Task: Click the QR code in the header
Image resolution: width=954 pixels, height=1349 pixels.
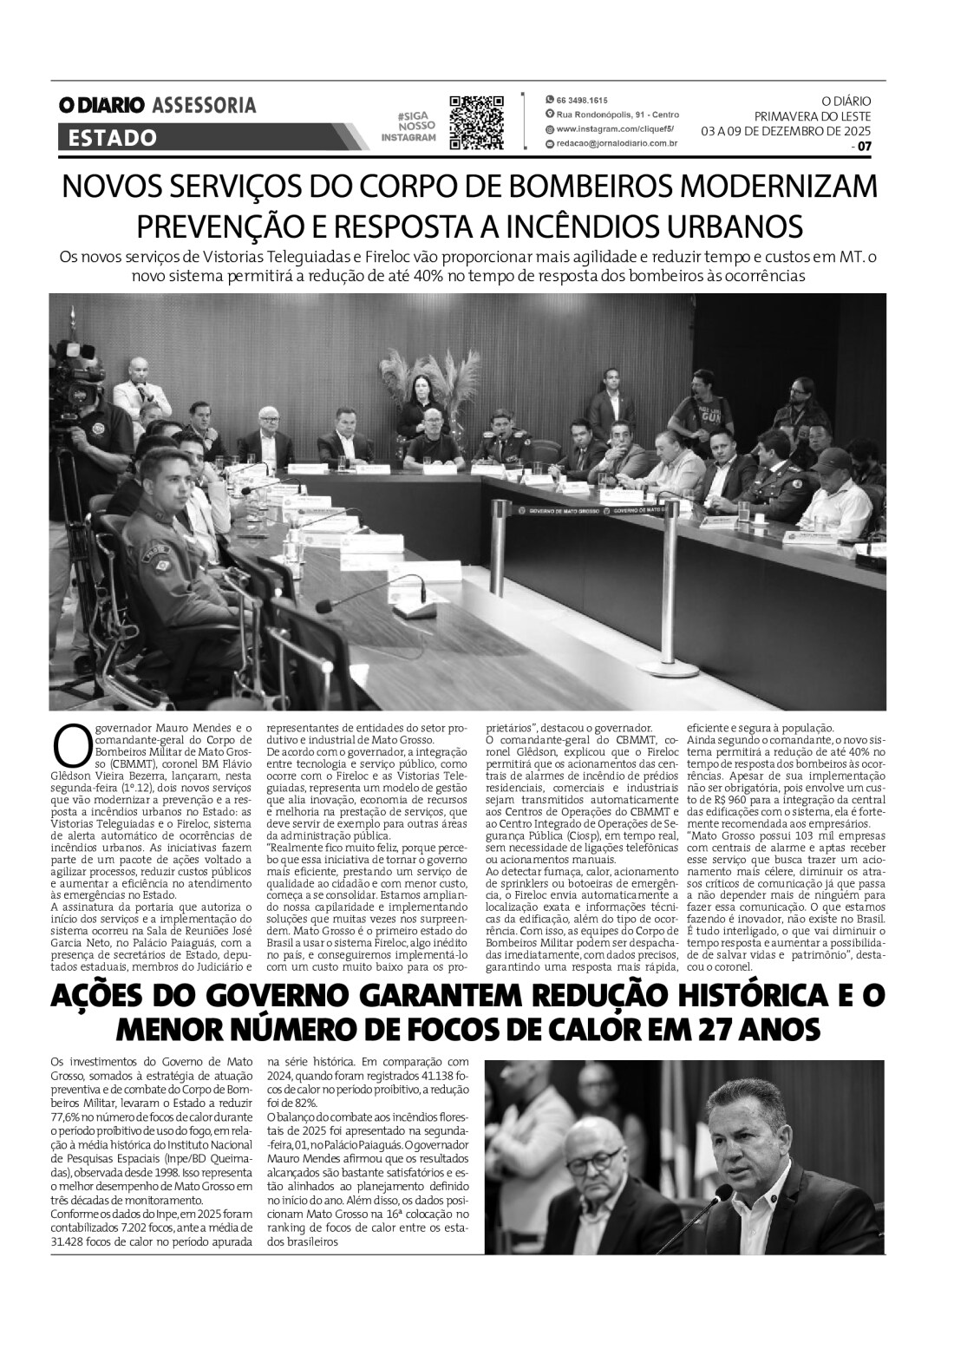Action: tap(476, 122)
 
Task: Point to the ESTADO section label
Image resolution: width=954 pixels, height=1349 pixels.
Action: tap(113, 138)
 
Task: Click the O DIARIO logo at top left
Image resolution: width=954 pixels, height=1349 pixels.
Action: tap(101, 105)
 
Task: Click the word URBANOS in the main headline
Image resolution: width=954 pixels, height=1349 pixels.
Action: tap(736, 226)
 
